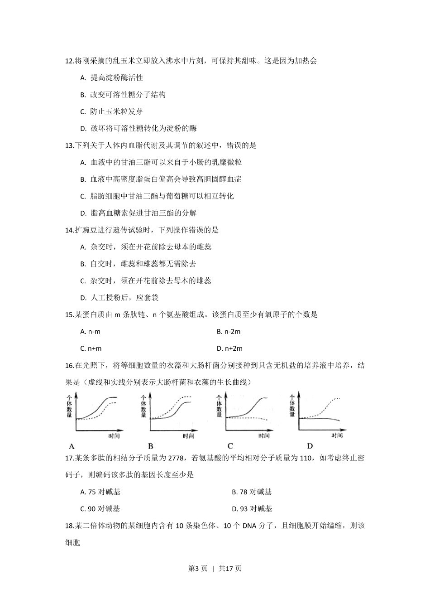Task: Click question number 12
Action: point(70,61)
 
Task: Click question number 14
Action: point(70,230)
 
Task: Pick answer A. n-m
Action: point(91,332)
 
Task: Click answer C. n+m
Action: point(91,348)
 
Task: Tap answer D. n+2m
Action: point(230,348)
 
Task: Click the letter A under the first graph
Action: point(72,446)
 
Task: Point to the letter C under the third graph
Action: point(230,445)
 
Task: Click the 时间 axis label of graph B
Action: point(188,436)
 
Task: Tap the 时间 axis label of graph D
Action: point(337,435)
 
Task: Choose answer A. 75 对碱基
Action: point(100,492)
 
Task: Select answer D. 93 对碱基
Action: point(252,509)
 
